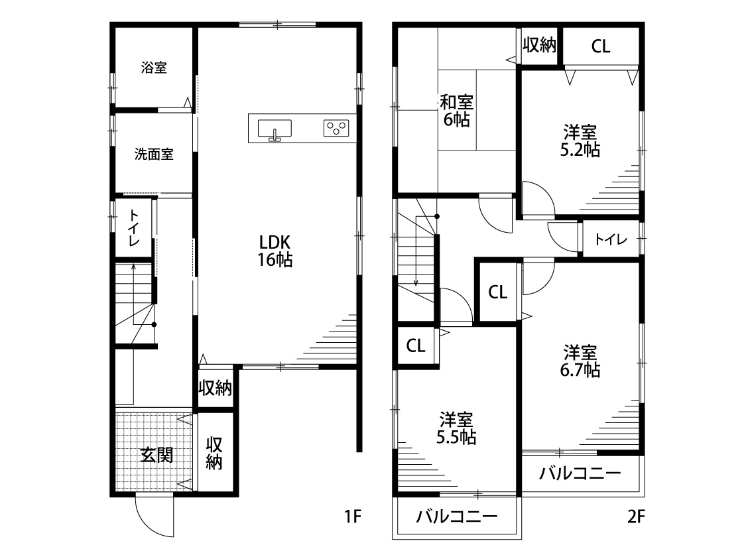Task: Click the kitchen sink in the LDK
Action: (x=275, y=129)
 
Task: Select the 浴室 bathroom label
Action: (x=154, y=68)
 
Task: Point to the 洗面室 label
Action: (x=154, y=154)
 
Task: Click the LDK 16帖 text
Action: (x=275, y=251)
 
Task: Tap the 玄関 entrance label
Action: (x=156, y=456)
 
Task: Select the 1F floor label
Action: (x=353, y=516)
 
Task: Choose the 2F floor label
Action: (x=636, y=516)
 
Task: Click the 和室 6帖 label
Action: (x=456, y=111)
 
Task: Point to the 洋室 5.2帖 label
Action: (x=580, y=141)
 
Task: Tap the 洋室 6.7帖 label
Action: (x=580, y=361)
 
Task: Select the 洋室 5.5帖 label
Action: (x=456, y=428)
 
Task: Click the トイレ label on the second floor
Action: (x=611, y=240)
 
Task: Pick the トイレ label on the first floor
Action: (x=134, y=228)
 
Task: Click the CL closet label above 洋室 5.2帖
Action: (x=600, y=46)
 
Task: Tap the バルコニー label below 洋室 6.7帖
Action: (x=580, y=473)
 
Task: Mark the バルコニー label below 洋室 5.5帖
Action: (x=457, y=516)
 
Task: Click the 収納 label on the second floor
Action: (x=540, y=45)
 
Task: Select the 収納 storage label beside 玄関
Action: (x=214, y=454)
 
